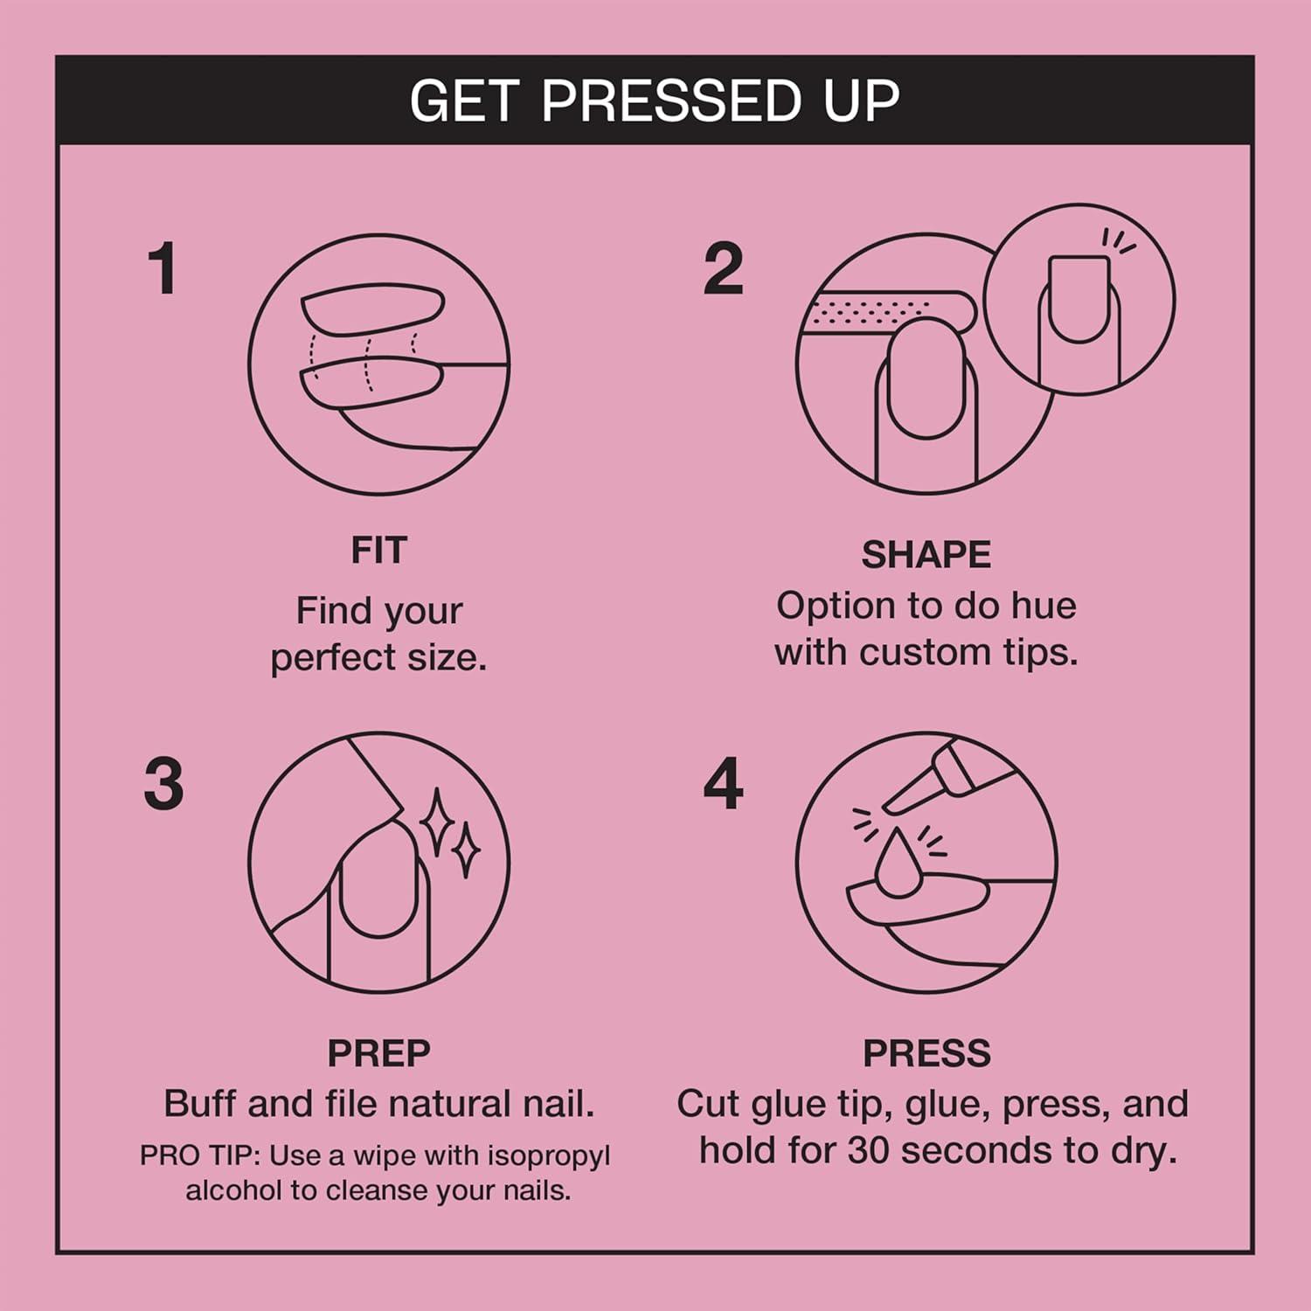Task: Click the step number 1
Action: click(163, 268)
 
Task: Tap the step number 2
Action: click(723, 268)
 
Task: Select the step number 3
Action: click(163, 783)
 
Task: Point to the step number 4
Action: click(723, 783)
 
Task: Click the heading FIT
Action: click(378, 551)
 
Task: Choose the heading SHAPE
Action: click(926, 555)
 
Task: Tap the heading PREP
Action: click(378, 1053)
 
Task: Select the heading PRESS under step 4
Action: click(926, 1053)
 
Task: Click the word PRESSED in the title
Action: click(670, 101)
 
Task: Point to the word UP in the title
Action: click(861, 101)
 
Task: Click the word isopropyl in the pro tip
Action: click(548, 1155)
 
